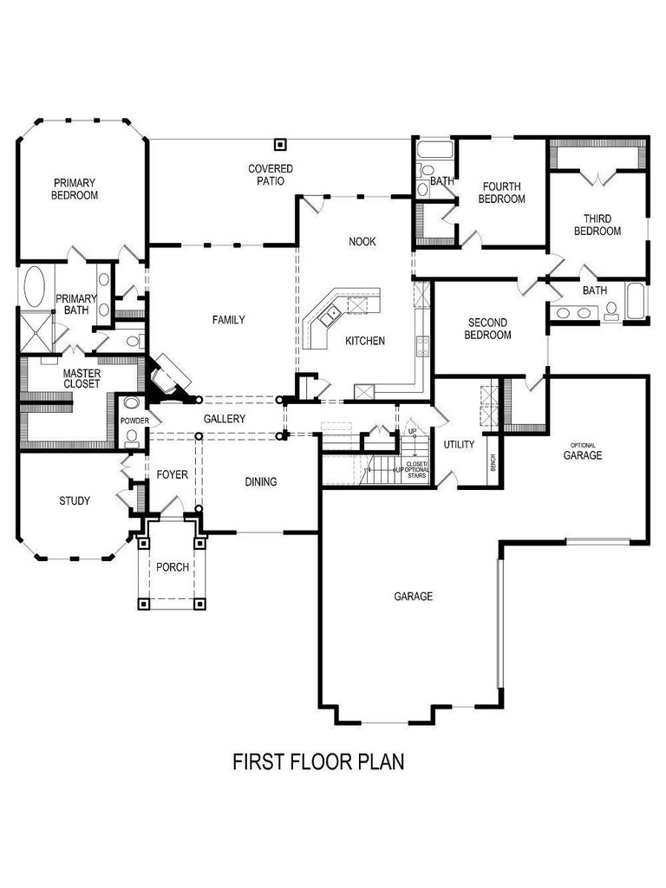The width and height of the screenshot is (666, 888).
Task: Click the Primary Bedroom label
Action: (x=75, y=189)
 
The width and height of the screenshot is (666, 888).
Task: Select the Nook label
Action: (x=362, y=242)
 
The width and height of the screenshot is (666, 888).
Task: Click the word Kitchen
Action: (x=365, y=341)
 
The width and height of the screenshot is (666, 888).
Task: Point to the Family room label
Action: (x=229, y=320)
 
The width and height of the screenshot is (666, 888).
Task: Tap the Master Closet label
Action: (x=82, y=379)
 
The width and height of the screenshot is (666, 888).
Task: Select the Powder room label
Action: (x=134, y=421)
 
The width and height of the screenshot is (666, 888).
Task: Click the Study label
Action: (x=75, y=501)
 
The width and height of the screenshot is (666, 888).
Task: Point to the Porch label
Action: (x=173, y=567)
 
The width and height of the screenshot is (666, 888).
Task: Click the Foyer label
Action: (x=173, y=474)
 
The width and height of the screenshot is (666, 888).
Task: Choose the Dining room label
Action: (x=261, y=482)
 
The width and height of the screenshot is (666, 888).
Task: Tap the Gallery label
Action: (x=225, y=419)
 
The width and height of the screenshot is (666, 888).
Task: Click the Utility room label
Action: (x=460, y=445)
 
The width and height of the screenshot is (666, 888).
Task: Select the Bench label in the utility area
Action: (x=493, y=463)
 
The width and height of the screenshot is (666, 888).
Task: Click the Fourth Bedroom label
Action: (x=502, y=193)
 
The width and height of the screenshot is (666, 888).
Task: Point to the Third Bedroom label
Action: (x=597, y=225)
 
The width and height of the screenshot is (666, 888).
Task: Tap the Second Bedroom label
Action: (x=487, y=329)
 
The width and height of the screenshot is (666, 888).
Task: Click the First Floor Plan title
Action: (x=319, y=761)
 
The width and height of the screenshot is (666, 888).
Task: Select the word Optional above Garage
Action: (x=583, y=446)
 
